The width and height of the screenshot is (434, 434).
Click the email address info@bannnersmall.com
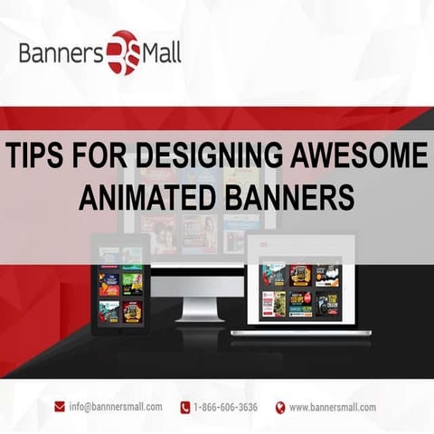point(116,407)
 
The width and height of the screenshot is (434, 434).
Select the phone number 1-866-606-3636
point(225,407)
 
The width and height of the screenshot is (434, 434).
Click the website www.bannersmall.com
point(333,407)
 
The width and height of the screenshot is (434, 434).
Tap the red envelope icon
point(60,407)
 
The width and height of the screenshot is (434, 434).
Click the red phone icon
point(184,407)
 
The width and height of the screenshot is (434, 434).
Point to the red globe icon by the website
point(280,407)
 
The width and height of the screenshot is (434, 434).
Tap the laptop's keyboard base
point(301,332)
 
